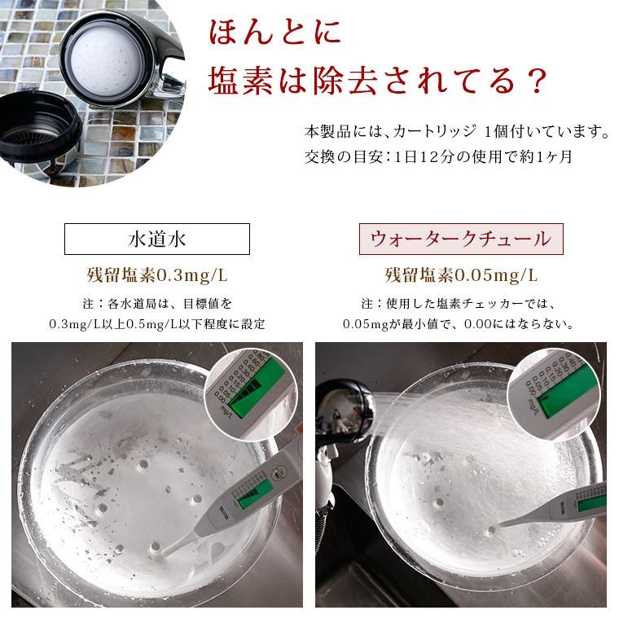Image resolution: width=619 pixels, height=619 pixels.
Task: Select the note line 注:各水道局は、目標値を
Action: tap(156, 303)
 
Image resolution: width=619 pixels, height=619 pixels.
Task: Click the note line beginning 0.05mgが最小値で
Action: tap(460, 323)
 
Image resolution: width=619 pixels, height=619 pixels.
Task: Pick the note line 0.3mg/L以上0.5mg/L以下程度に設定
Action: tap(156, 323)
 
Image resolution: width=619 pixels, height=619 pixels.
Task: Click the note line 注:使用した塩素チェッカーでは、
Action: tap(460, 303)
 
